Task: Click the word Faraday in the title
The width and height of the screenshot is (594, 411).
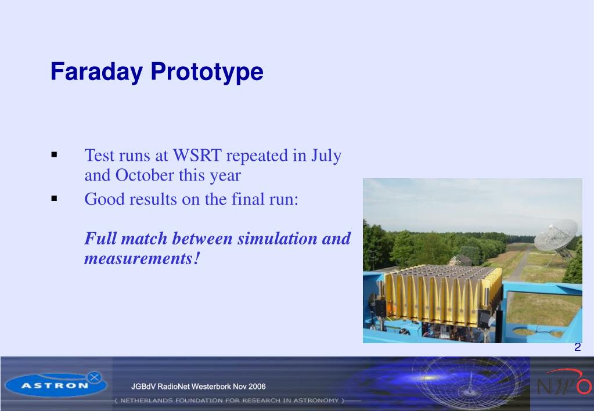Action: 96,71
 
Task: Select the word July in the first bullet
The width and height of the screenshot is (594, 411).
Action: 326,156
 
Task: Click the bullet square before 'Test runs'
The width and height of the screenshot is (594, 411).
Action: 54,154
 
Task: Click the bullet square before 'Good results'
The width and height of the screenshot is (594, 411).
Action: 54,198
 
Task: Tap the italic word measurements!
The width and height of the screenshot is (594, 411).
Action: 142,259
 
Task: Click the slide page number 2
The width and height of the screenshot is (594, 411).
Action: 577,347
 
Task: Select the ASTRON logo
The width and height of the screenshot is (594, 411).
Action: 56,384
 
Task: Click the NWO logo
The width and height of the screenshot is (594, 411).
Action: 563,383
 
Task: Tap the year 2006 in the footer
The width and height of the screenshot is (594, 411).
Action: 255,387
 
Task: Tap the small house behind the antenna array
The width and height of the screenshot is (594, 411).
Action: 460,260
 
